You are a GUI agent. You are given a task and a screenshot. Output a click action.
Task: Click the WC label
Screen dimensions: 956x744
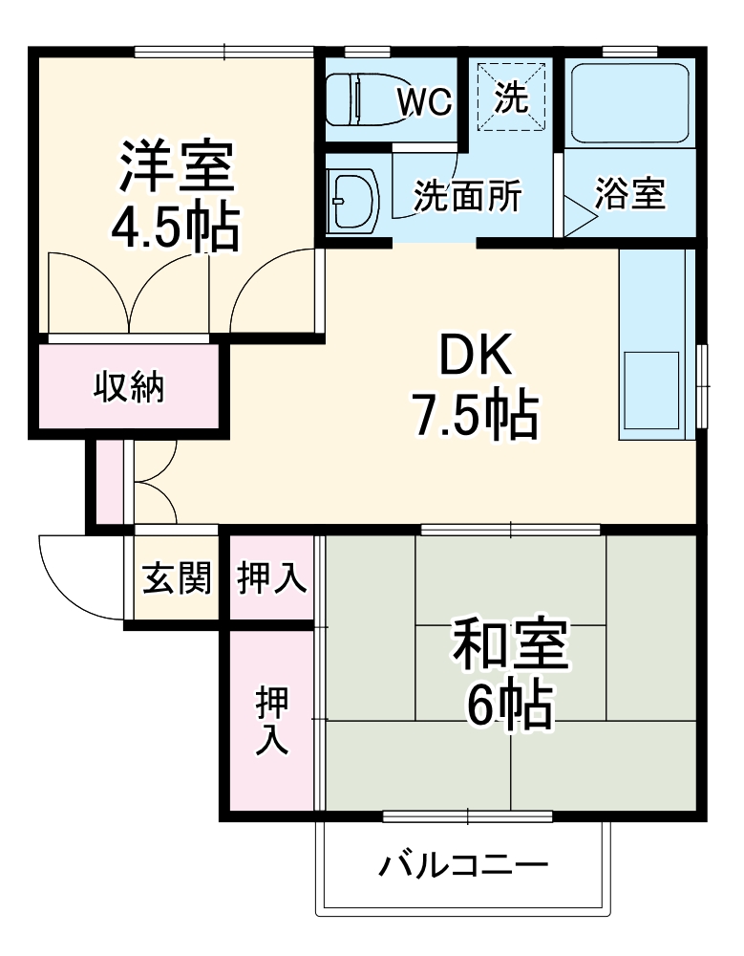tap(425, 101)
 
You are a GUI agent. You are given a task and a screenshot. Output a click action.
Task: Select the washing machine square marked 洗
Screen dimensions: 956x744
tap(512, 97)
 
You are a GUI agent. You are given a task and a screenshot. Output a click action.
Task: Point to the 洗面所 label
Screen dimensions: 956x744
tap(467, 196)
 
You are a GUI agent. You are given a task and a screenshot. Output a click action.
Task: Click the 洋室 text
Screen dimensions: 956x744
tap(176, 167)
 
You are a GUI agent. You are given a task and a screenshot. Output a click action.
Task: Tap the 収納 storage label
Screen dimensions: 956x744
tap(129, 387)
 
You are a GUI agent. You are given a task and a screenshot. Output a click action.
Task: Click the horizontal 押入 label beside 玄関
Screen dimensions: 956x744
tap(272, 577)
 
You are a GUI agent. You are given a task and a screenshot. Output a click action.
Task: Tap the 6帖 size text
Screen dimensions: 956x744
tap(510, 707)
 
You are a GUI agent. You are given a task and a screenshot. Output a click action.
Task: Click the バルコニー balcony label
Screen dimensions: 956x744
tap(465, 866)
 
